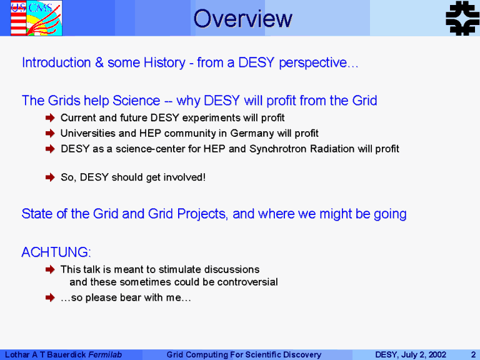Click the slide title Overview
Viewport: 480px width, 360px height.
tap(242, 19)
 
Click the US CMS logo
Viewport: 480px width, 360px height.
tap(36, 18)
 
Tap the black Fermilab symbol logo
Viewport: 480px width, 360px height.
tap(462, 18)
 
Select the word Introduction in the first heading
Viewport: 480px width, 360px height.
tap(56, 62)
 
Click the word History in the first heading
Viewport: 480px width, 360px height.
tap(165, 63)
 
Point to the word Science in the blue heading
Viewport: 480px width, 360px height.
tap(136, 101)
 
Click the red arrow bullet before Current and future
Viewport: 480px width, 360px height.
tap(50, 118)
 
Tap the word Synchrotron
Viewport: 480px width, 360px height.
tap(278, 149)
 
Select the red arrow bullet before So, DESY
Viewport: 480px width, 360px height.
tap(50, 177)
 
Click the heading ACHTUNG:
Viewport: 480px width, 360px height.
tap(56, 252)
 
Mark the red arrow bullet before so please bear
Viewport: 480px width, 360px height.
tap(50, 297)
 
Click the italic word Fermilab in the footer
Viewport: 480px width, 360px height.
tap(105, 355)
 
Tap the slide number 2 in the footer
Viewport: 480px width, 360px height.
tap(474, 355)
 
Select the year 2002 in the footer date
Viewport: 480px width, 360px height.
tap(437, 355)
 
